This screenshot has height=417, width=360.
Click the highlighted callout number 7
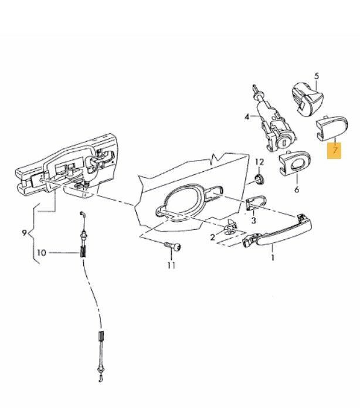pyautogui.click(x=334, y=150)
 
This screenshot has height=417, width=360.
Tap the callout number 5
pyautogui.click(x=317, y=76)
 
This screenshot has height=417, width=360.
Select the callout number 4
pyautogui.click(x=247, y=117)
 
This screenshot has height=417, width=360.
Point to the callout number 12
pyautogui.click(x=259, y=162)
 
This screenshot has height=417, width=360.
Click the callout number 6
pyautogui.click(x=297, y=189)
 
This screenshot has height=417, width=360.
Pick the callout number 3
pyautogui.click(x=254, y=220)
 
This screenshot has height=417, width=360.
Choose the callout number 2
pyautogui.click(x=212, y=237)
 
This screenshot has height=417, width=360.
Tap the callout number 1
pyautogui.click(x=273, y=257)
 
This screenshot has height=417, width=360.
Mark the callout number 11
pyautogui.click(x=171, y=265)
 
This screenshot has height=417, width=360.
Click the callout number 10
pyautogui.click(x=42, y=253)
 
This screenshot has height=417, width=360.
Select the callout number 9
pyautogui.click(x=25, y=233)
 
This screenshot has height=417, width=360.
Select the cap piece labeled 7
pyautogui.click(x=332, y=128)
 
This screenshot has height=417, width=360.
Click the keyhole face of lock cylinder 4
pyautogui.click(x=286, y=143)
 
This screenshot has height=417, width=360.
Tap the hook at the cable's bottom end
pyautogui.click(x=101, y=379)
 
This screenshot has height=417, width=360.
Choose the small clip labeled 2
pyautogui.click(x=230, y=227)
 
